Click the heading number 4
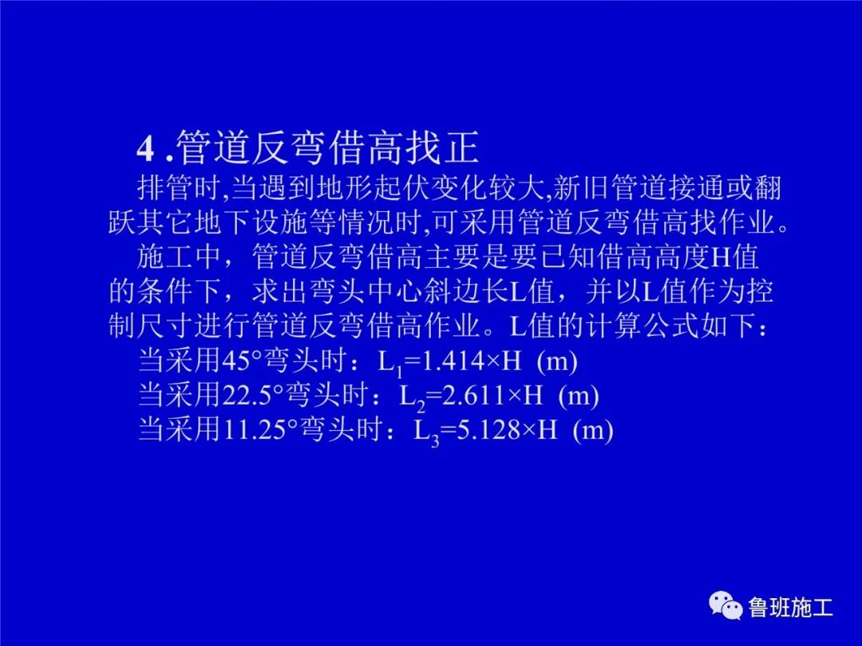(x=144, y=148)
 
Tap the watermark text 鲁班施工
(x=790, y=609)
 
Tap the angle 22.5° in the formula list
(x=263, y=396)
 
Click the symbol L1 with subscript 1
(x=389, y=364)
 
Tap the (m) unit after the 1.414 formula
(x=556, y=361)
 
